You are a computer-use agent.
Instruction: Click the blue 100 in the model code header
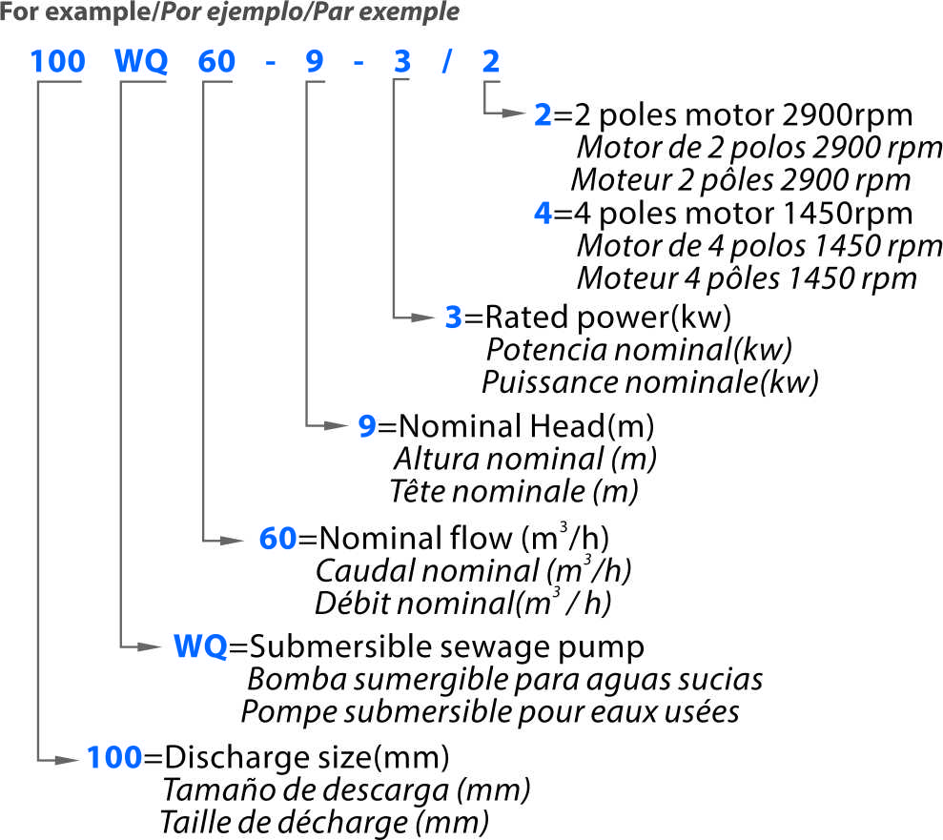[58, 61]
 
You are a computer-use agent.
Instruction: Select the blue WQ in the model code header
[141, 61]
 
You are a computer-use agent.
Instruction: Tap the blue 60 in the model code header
[216, 61]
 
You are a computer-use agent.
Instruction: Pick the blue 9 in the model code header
[315, 61]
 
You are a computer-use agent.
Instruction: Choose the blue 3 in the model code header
[402, 61]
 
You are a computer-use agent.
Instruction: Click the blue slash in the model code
[446, 61]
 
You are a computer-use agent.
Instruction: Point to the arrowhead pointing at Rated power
[422, 318]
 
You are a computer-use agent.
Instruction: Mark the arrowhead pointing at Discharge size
[66, 760]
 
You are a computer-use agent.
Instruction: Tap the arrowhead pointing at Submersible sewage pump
[149, 647]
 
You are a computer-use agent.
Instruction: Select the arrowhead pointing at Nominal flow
[232, 541]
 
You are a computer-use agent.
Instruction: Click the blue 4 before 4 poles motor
[543, 214]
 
